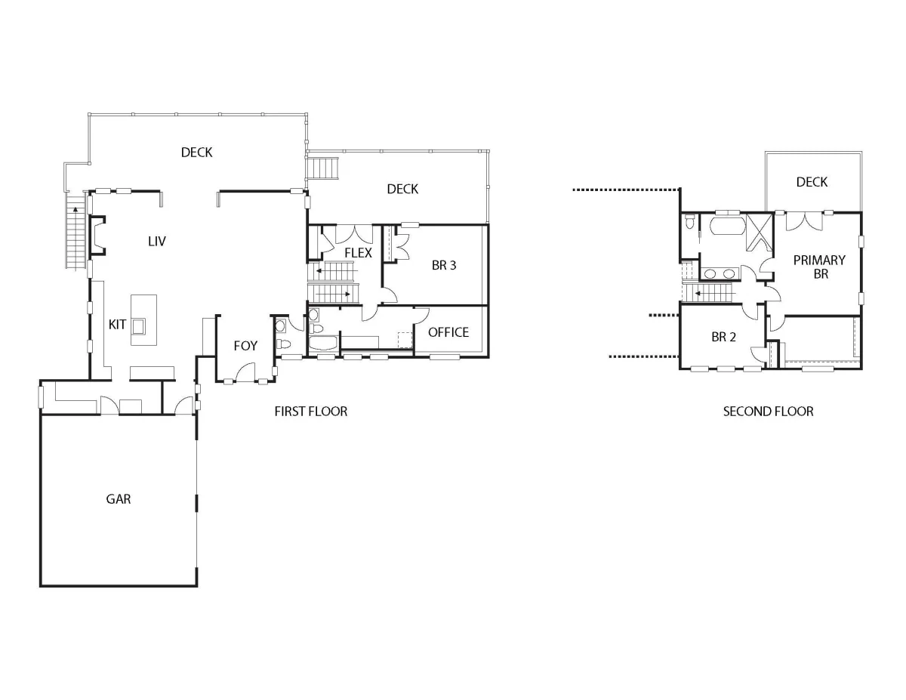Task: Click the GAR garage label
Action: pyautogui.click(x=119, y=499)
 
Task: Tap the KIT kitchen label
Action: pyautogui.click(x=117, y=325)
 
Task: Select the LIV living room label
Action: pyautogui.click(x=157, y=241)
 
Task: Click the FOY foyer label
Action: pyautogui.click(x=245, y=346)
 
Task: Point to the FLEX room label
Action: pyautogui.click(x=358, y=253)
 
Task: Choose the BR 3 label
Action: pyautogui.click(x=444, y=265)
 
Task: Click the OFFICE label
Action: pyautogui.click(x=448, y=332)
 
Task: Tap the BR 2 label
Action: pyautogui.click(x=723, y=337)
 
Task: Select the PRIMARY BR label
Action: pyautogui.click(x=819, y=267)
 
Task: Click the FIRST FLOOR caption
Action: pyautogui.click(x=310, y=412)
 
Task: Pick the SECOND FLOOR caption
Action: pyautogui.click(x=768, y=412)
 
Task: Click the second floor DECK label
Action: pyautogui.click(x=812, y=182)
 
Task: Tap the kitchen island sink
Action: pyautogui.click(x=139, y=326)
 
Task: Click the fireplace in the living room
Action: pyautogui.click(x=97, y=236)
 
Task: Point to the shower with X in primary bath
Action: pyautogui.click(x=759, y=233)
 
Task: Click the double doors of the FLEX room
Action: pyautogui.click(x=354, y=234)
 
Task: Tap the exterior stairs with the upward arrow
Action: pyautogui.click(x=75, y=233)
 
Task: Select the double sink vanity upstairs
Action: pyautogui.click(x=720, y=273)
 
